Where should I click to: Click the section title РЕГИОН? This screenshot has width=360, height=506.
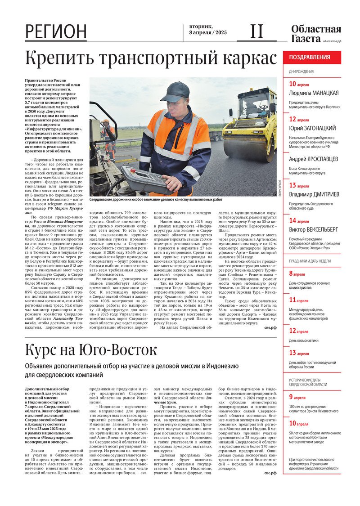56,31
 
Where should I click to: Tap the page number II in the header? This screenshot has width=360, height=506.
256,31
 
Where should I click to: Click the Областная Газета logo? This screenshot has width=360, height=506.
316,34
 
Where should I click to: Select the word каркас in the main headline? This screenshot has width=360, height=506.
246,59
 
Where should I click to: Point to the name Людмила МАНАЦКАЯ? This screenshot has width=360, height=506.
314,93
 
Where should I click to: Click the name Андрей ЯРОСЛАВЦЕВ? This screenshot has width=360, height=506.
313,159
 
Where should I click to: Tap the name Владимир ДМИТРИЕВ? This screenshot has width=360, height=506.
313,194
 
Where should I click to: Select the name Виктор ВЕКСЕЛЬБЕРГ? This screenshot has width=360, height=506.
313,229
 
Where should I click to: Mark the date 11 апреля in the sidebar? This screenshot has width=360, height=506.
299,300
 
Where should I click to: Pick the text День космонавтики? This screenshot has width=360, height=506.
304,340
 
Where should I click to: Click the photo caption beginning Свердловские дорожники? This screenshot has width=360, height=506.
156,199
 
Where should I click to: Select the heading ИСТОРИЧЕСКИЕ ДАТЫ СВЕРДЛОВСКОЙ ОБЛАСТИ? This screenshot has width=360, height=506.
308,382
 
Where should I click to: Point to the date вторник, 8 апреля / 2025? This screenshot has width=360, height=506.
208,30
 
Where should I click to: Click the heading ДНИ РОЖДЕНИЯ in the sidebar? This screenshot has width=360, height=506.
301,72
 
